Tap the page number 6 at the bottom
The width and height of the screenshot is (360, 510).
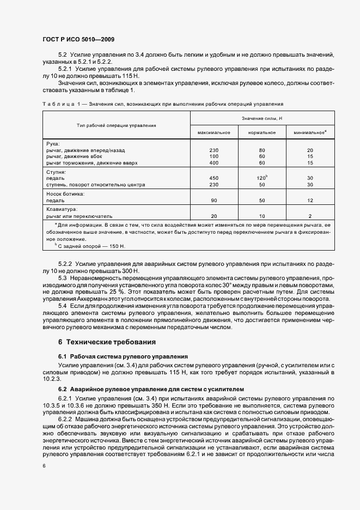point(44,466)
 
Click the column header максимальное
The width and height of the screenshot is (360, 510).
point(213,132)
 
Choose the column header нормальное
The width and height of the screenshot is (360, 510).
point(261,132)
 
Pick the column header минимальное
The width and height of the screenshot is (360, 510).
point(309,132)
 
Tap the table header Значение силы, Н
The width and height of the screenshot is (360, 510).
point(261,118)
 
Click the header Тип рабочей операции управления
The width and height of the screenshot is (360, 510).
point(116,125)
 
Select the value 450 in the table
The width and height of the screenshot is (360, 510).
point(213,178)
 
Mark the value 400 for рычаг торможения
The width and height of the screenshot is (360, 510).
point(213,162)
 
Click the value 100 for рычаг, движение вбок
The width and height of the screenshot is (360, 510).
point(213,156)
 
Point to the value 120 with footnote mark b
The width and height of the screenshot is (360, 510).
point(261,178)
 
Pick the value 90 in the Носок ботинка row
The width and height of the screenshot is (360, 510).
point(213,200)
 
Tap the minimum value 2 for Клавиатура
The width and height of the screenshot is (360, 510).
point(310,215)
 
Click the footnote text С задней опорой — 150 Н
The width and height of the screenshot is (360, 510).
point(91,246)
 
